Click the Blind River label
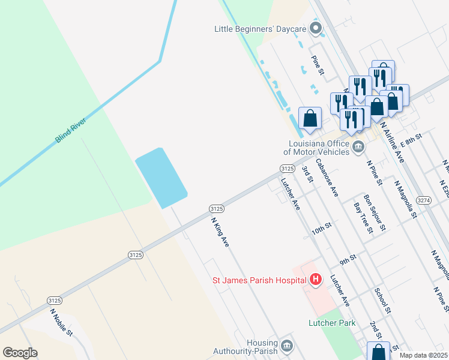[x=71, y=130]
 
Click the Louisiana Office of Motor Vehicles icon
[x=358, y=147]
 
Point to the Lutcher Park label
[x=332, y=323]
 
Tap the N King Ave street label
[x=220, y=232]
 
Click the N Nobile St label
[x=61, y=322]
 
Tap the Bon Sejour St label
[x=375, y=211]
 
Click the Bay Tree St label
[x=363, y=217]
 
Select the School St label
[x=382, y=300]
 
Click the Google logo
[x=20, y=353]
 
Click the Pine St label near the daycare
[x=318, y=65]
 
